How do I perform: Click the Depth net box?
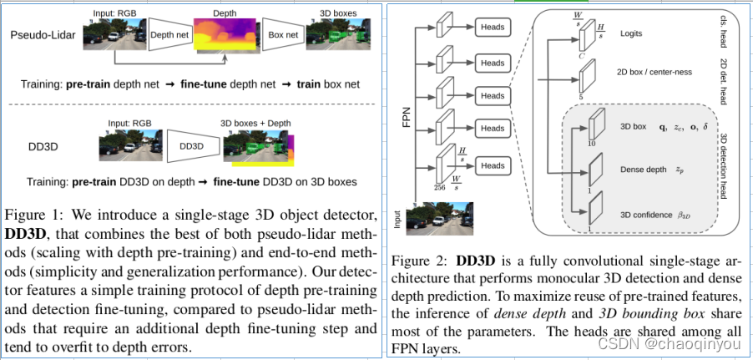point(170,36)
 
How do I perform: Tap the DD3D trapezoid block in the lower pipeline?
point(191,145)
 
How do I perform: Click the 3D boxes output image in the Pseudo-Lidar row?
point(339,37)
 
